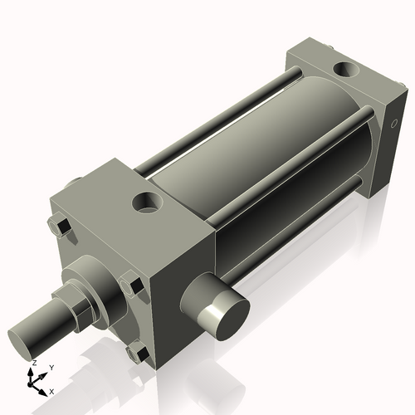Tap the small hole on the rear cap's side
coord(393,124)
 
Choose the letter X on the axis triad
coord(51,390)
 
